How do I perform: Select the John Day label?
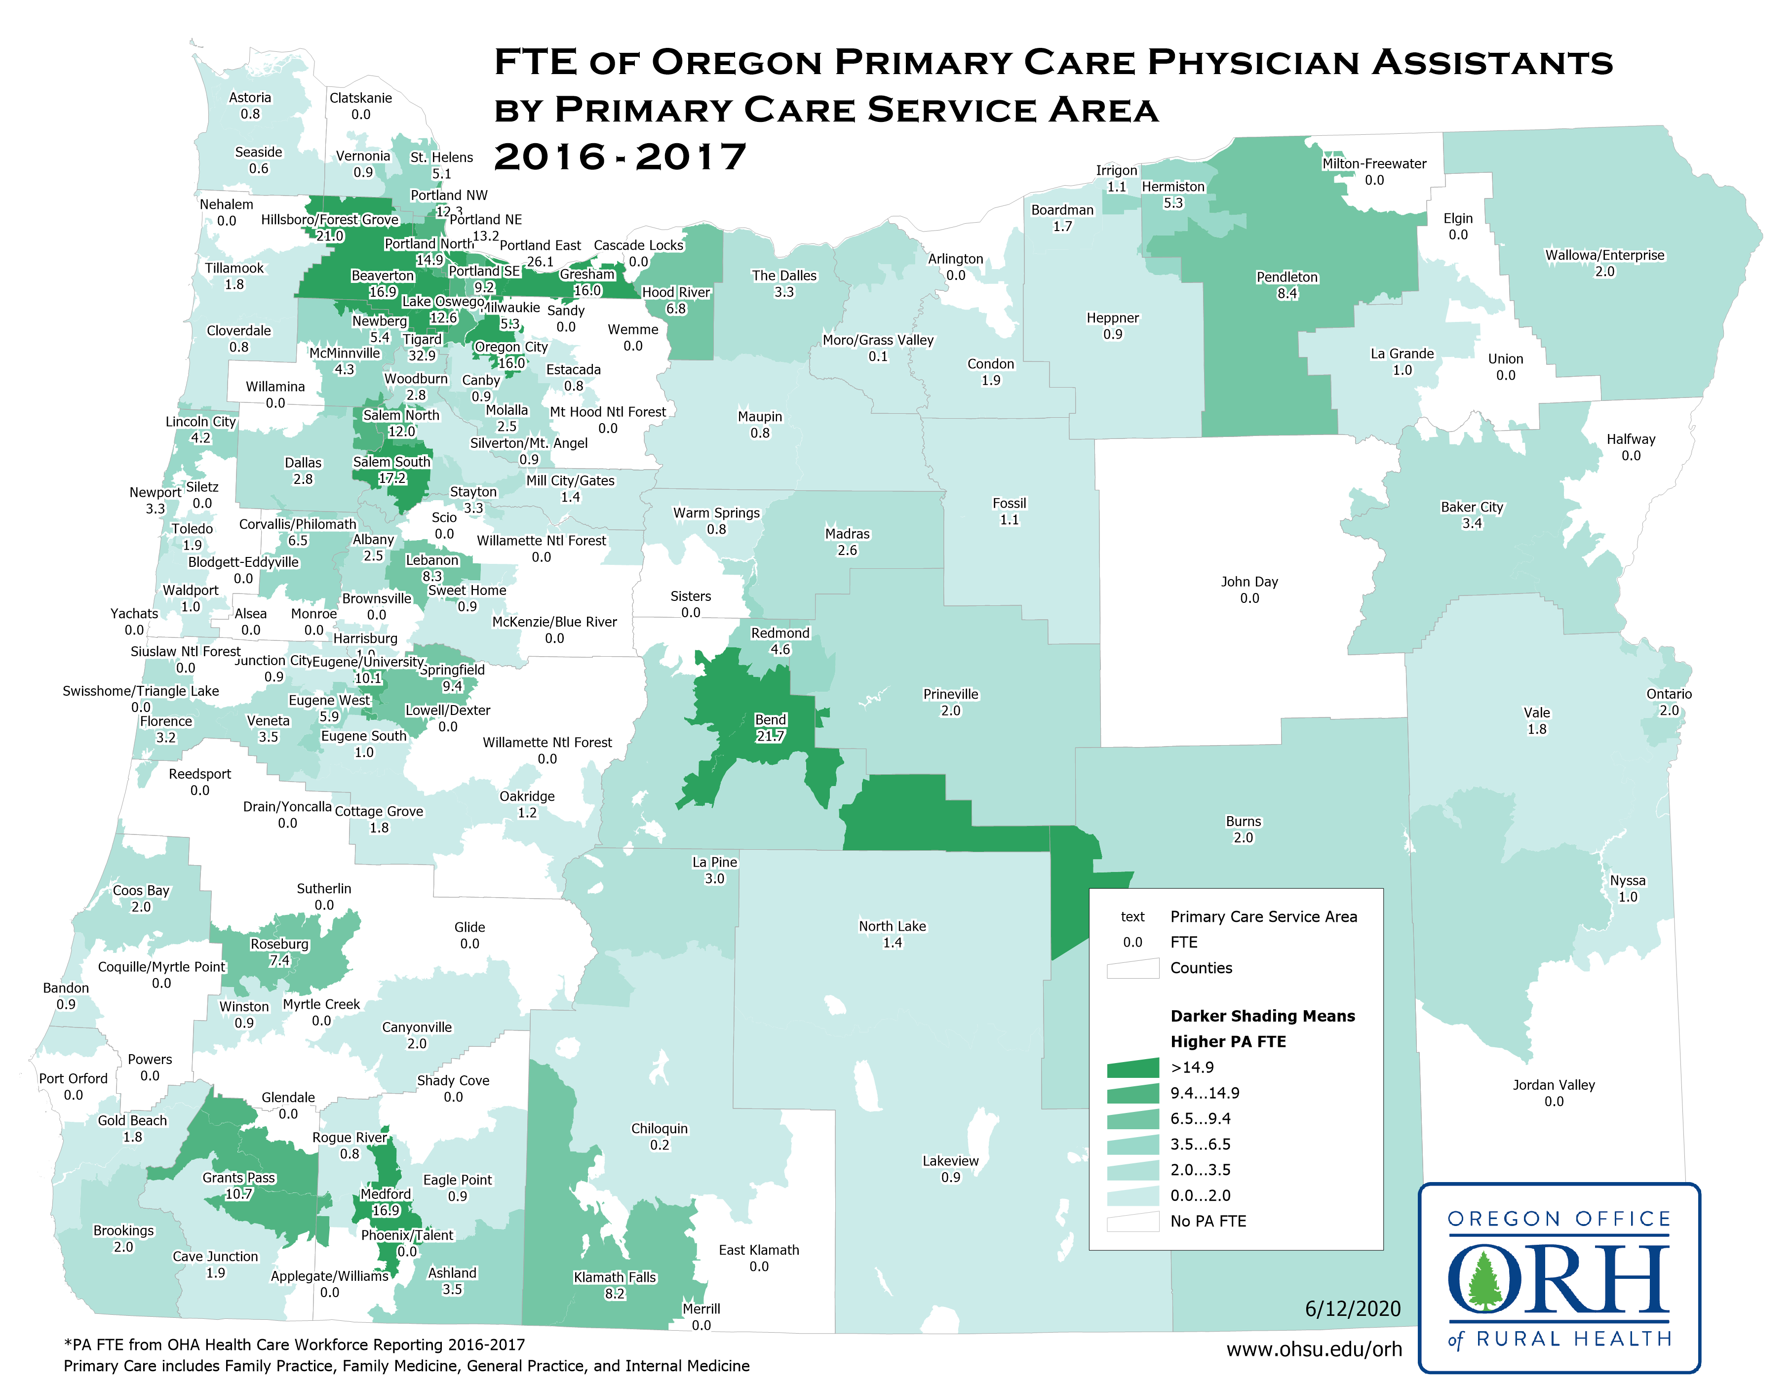[1249, 582]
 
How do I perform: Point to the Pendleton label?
[1286, 277]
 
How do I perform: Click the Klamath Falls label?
[615, 1277]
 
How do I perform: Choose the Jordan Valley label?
[1553, 1085]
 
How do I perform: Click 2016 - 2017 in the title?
[621, 157]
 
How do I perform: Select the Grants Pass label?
[239, 1178]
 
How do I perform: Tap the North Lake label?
[892, 926]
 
